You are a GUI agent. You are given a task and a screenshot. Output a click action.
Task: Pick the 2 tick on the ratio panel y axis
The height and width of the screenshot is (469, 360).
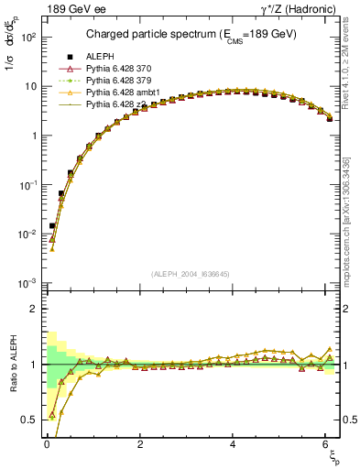click(32, 309)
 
